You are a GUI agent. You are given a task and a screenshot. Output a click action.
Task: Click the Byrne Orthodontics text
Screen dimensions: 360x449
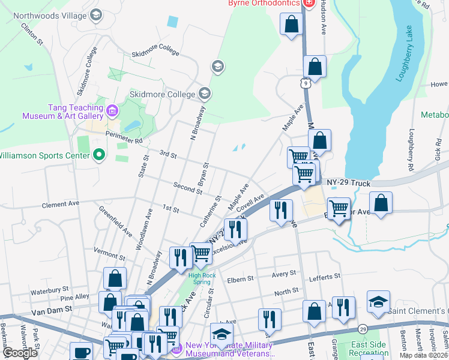coord(264,4)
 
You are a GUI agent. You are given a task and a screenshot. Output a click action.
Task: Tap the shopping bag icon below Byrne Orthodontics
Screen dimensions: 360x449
coord(292,25)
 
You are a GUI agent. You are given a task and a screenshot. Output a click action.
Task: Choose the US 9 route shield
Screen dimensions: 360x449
coord(306,84)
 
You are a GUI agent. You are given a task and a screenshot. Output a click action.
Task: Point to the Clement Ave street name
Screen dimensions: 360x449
coord(61,205)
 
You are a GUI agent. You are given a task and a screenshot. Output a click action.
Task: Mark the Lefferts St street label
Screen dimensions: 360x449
coord(324,277)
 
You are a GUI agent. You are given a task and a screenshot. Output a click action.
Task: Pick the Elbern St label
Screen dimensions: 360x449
coord(241,280)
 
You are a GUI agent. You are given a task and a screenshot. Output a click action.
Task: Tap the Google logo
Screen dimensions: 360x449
coord(19,353)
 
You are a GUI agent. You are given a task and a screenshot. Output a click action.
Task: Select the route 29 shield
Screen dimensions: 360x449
coord(362,329)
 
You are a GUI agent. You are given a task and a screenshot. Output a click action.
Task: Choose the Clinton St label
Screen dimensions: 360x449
coord(32,34)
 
